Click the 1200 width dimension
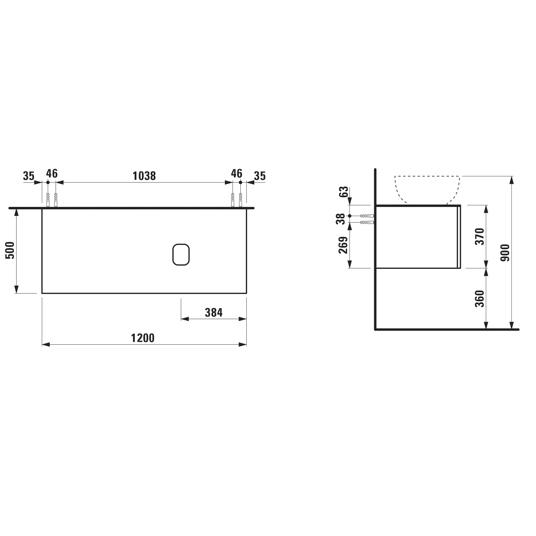[x=143, y=338]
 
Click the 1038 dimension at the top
[x=144, y=176]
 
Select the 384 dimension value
[x=214, y=313]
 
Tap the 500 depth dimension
[x=10, y=250]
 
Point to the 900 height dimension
[x=505, y=253]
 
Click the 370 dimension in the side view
[x=480, y=236]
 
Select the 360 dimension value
[x=480, y=299]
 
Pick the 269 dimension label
[x=343, y=245]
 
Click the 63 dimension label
[x=344, y=192]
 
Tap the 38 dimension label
[x=341, y=219]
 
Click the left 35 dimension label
[x=29, y=176]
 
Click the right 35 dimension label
[x=260, y=176]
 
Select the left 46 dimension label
[x=52, y=173]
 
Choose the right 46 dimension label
[x=237, y=173]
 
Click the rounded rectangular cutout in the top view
[x=181, y=254]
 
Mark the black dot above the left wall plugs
[x=48, y=182]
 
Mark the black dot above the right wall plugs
[x=241, y=182]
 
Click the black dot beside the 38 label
[x=349, y=215]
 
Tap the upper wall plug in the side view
[x=367, y=215]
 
